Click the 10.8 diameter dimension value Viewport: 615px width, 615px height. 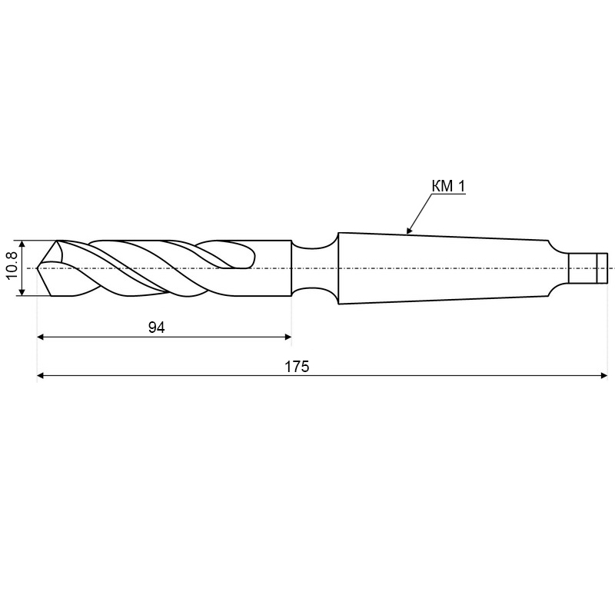[x=12, y=265]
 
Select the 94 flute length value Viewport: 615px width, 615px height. [x=157, y=327]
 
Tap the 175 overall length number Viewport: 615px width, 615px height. [x=297, y=367]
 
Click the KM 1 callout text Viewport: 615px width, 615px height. [x=448, y=186]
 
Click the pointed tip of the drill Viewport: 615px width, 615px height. [x=37, y=268]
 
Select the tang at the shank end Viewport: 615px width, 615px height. [x=587, y=268]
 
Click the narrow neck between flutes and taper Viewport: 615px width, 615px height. [x=314, y=268]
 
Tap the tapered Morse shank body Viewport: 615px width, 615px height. [x=444, y=268]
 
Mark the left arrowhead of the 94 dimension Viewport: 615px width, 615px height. [x=40, y=337]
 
